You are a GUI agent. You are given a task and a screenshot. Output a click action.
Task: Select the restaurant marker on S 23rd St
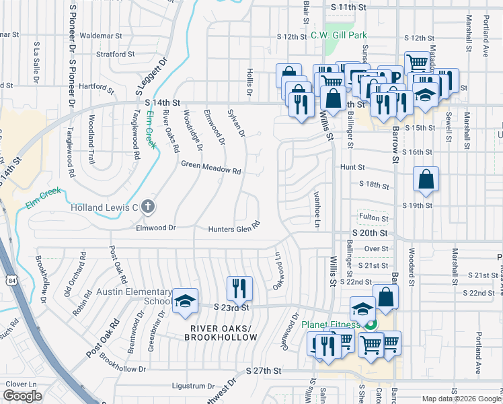tap(239, 289)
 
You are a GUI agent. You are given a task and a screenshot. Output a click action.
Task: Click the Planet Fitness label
tap(330, 324)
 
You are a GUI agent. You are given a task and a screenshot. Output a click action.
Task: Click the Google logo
tap(22, 396)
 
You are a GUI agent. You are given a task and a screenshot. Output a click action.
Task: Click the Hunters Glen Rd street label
tap(233, 228)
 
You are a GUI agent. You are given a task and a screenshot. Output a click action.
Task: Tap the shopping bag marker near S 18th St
tap(426, 180)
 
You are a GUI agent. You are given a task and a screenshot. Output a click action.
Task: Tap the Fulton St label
tap(374, 217)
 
